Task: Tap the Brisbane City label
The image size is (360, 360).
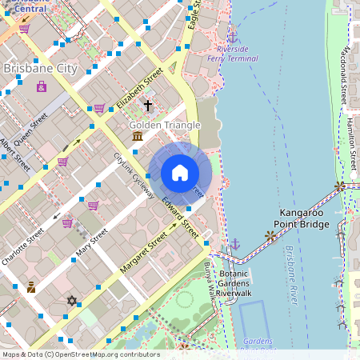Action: point(40,69)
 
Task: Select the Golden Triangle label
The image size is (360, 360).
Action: point(165,125)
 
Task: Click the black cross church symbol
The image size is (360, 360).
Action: point(147,105)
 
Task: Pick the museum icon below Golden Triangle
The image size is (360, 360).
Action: point(138,137)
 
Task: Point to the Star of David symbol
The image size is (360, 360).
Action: point(73,301)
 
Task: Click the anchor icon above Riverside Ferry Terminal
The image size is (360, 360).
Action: point(232,36)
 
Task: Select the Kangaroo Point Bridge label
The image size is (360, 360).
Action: point(302,218)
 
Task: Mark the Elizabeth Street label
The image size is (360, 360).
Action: point(139,88)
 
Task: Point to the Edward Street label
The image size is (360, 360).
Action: point(179,217)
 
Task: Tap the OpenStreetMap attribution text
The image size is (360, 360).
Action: point(80,354)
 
